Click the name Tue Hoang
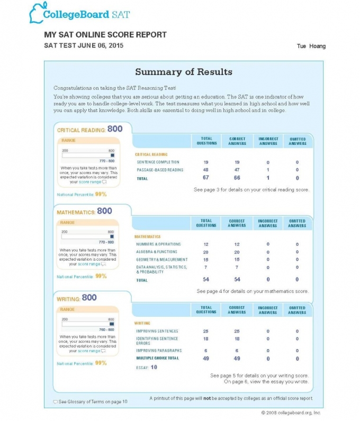pos(311,47)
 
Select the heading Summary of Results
pos(183,72)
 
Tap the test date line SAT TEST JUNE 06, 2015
pos(84,46)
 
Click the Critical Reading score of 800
pos(115,129)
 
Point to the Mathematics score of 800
pos(104,211)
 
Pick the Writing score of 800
pos(89,298)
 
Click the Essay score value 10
pos(154,367)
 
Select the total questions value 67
pos(206,178)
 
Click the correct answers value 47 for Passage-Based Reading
pos(237,170)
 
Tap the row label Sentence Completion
pos(158,162)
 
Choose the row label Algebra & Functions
pos(157,252)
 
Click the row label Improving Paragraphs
pos(159,351)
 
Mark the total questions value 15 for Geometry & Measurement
pos(206,260)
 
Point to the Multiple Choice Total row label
pos(158,358)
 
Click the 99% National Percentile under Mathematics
pos(101,276)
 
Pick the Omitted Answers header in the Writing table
pos(297,310)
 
